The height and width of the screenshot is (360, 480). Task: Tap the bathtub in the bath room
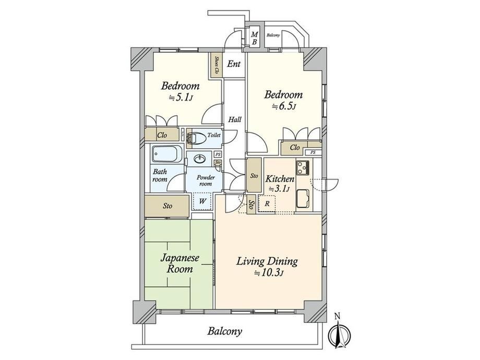pos(167,154)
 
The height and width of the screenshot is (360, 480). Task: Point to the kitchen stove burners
pos(303,167)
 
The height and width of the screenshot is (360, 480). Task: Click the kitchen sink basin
pos(304,198)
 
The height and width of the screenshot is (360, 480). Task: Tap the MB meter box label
pos(254,38)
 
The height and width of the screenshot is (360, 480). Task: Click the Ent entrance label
pos(234,64)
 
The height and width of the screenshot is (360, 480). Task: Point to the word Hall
pos(234,119)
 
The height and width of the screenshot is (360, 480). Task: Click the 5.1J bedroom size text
pos(181,98)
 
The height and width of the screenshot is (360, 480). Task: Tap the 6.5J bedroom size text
pos(284,106)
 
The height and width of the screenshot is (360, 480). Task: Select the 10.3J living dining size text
pos(268,272)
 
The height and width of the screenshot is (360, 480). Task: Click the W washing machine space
pos(202,201)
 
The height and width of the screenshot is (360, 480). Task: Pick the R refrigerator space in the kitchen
pos(267,203)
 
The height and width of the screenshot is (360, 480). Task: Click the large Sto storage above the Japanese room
pos(166,206)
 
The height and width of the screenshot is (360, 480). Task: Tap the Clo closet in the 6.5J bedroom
pos(295,148)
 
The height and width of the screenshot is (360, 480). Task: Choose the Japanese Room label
pos(179,263)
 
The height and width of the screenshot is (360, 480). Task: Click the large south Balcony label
pos(225,331)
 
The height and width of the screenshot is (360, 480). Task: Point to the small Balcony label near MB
pos(273,35)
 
